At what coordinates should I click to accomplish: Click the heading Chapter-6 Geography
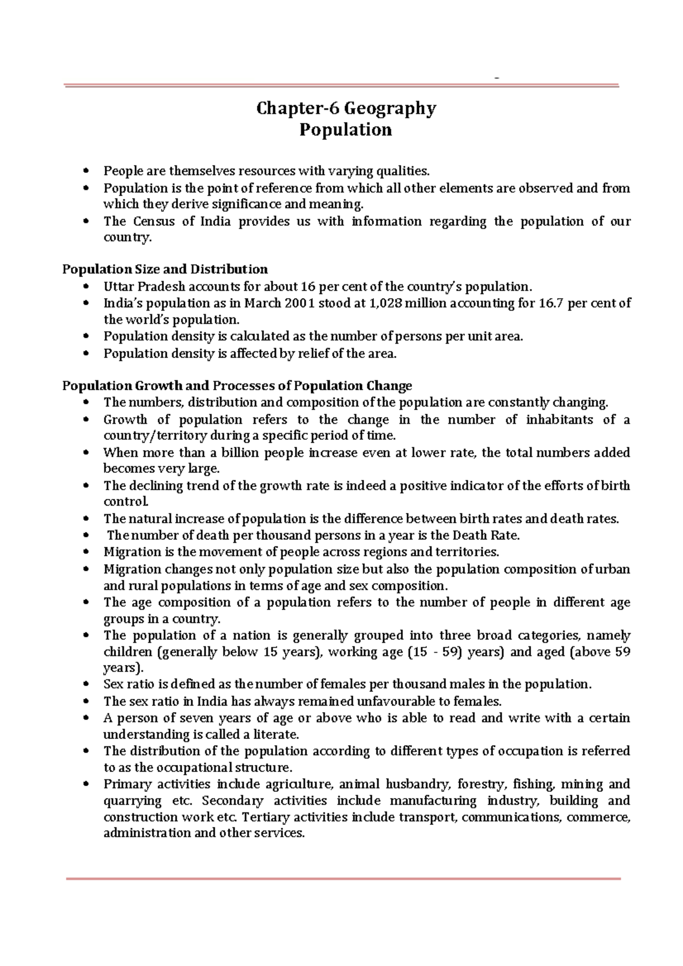(x=346, y=108)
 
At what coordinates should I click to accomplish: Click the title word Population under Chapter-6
(x=345, y=130)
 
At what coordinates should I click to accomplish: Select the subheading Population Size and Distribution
(x=164, y=269)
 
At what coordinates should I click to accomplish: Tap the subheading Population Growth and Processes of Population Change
(x=237, y=386)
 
